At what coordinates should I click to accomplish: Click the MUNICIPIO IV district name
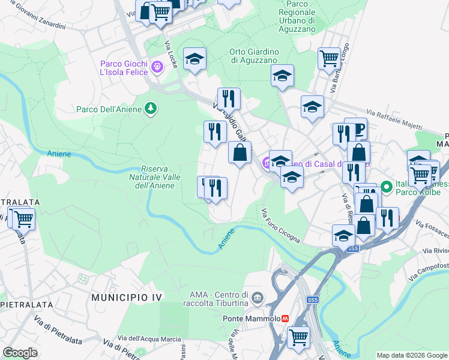coord(124,298)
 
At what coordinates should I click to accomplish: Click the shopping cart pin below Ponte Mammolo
coord(298,337)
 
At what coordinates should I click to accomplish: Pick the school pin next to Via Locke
coord(194,59)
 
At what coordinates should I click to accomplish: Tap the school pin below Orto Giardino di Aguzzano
coord(282,76)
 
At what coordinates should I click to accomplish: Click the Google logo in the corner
coord(20,353)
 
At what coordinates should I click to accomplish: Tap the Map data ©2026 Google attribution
coord(412,355)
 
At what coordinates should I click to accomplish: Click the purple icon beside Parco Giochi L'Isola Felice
coord(157,67)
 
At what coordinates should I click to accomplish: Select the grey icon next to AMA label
coord(258,298)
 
